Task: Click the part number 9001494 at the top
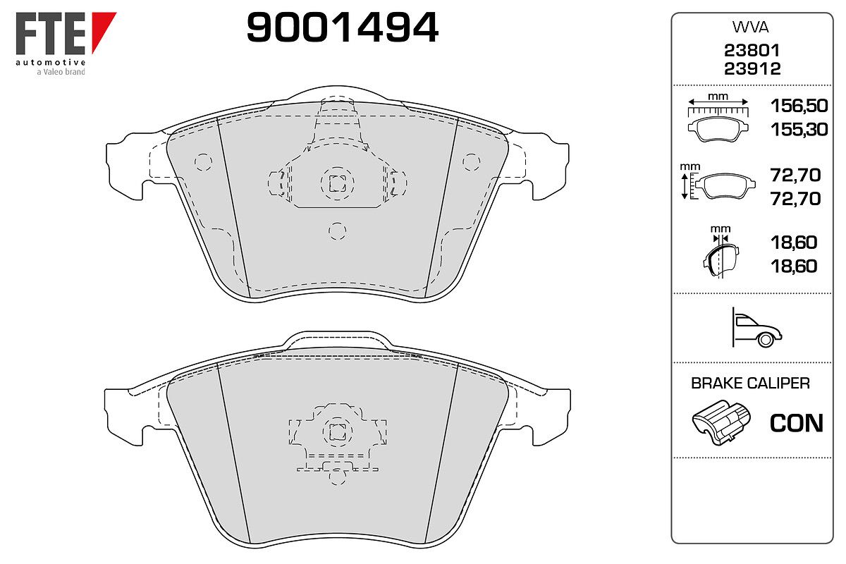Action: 342,27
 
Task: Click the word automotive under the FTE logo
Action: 50,62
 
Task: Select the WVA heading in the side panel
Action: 750,27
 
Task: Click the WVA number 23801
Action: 752,50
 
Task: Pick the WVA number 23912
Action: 752,69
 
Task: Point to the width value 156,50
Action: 799,106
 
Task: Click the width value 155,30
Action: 799,130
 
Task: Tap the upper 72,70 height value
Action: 795,176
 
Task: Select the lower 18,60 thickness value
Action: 794,266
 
